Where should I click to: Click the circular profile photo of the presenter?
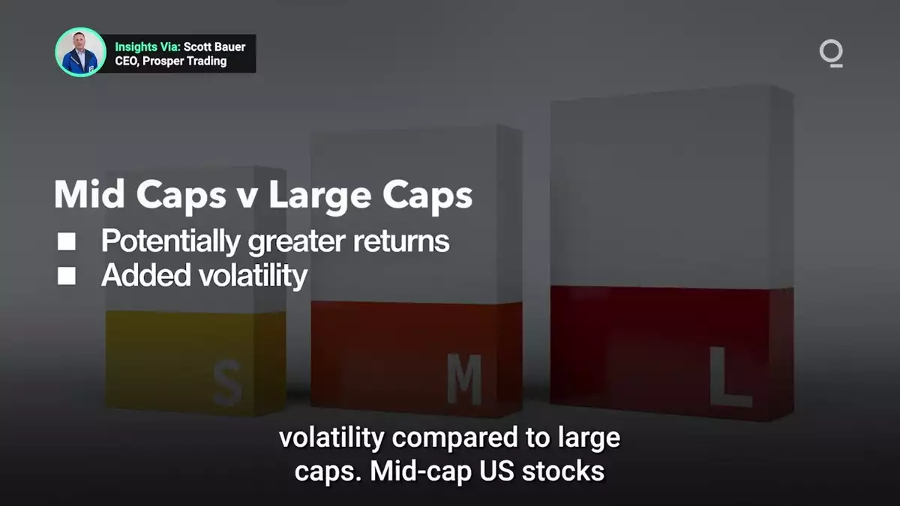pos(80,52)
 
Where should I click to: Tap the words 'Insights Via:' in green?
pos(148,47)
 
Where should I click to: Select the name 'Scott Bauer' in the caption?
pos(214,47)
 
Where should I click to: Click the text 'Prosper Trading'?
pos(184,61)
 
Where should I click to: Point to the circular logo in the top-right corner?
pos(831,53)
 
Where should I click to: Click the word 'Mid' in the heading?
pos(89,194)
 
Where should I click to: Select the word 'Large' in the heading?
pos(319,196)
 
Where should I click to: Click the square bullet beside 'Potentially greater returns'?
pos(66,241)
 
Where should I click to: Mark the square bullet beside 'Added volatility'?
pos(66,276)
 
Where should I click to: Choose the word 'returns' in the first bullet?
pos(401,241)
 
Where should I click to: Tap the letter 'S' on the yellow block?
pos(227,383)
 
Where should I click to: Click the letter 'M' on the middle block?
pos(465,379)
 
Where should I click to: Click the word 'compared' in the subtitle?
pos(454,439)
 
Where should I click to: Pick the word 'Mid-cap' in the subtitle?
pos(421,472)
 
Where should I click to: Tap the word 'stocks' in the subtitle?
pos(563,471)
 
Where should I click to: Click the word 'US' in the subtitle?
pos(496,471)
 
